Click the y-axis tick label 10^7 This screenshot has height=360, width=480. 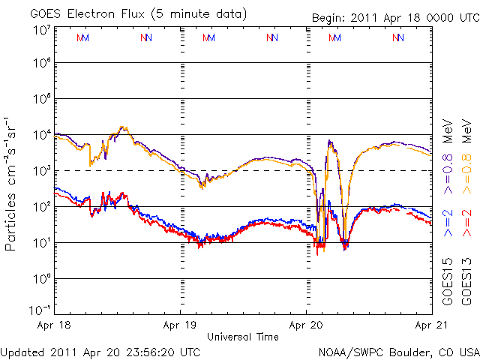41,29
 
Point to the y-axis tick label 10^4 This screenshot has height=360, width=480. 41,134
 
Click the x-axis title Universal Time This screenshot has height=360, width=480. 243,337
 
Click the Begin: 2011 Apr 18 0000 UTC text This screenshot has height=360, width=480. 395,17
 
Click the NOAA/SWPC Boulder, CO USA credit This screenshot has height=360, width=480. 398,351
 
